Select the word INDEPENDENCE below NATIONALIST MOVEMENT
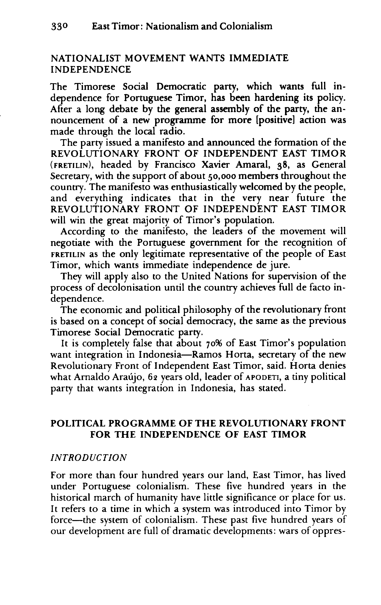pyautogui.click(x=91, y=69)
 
